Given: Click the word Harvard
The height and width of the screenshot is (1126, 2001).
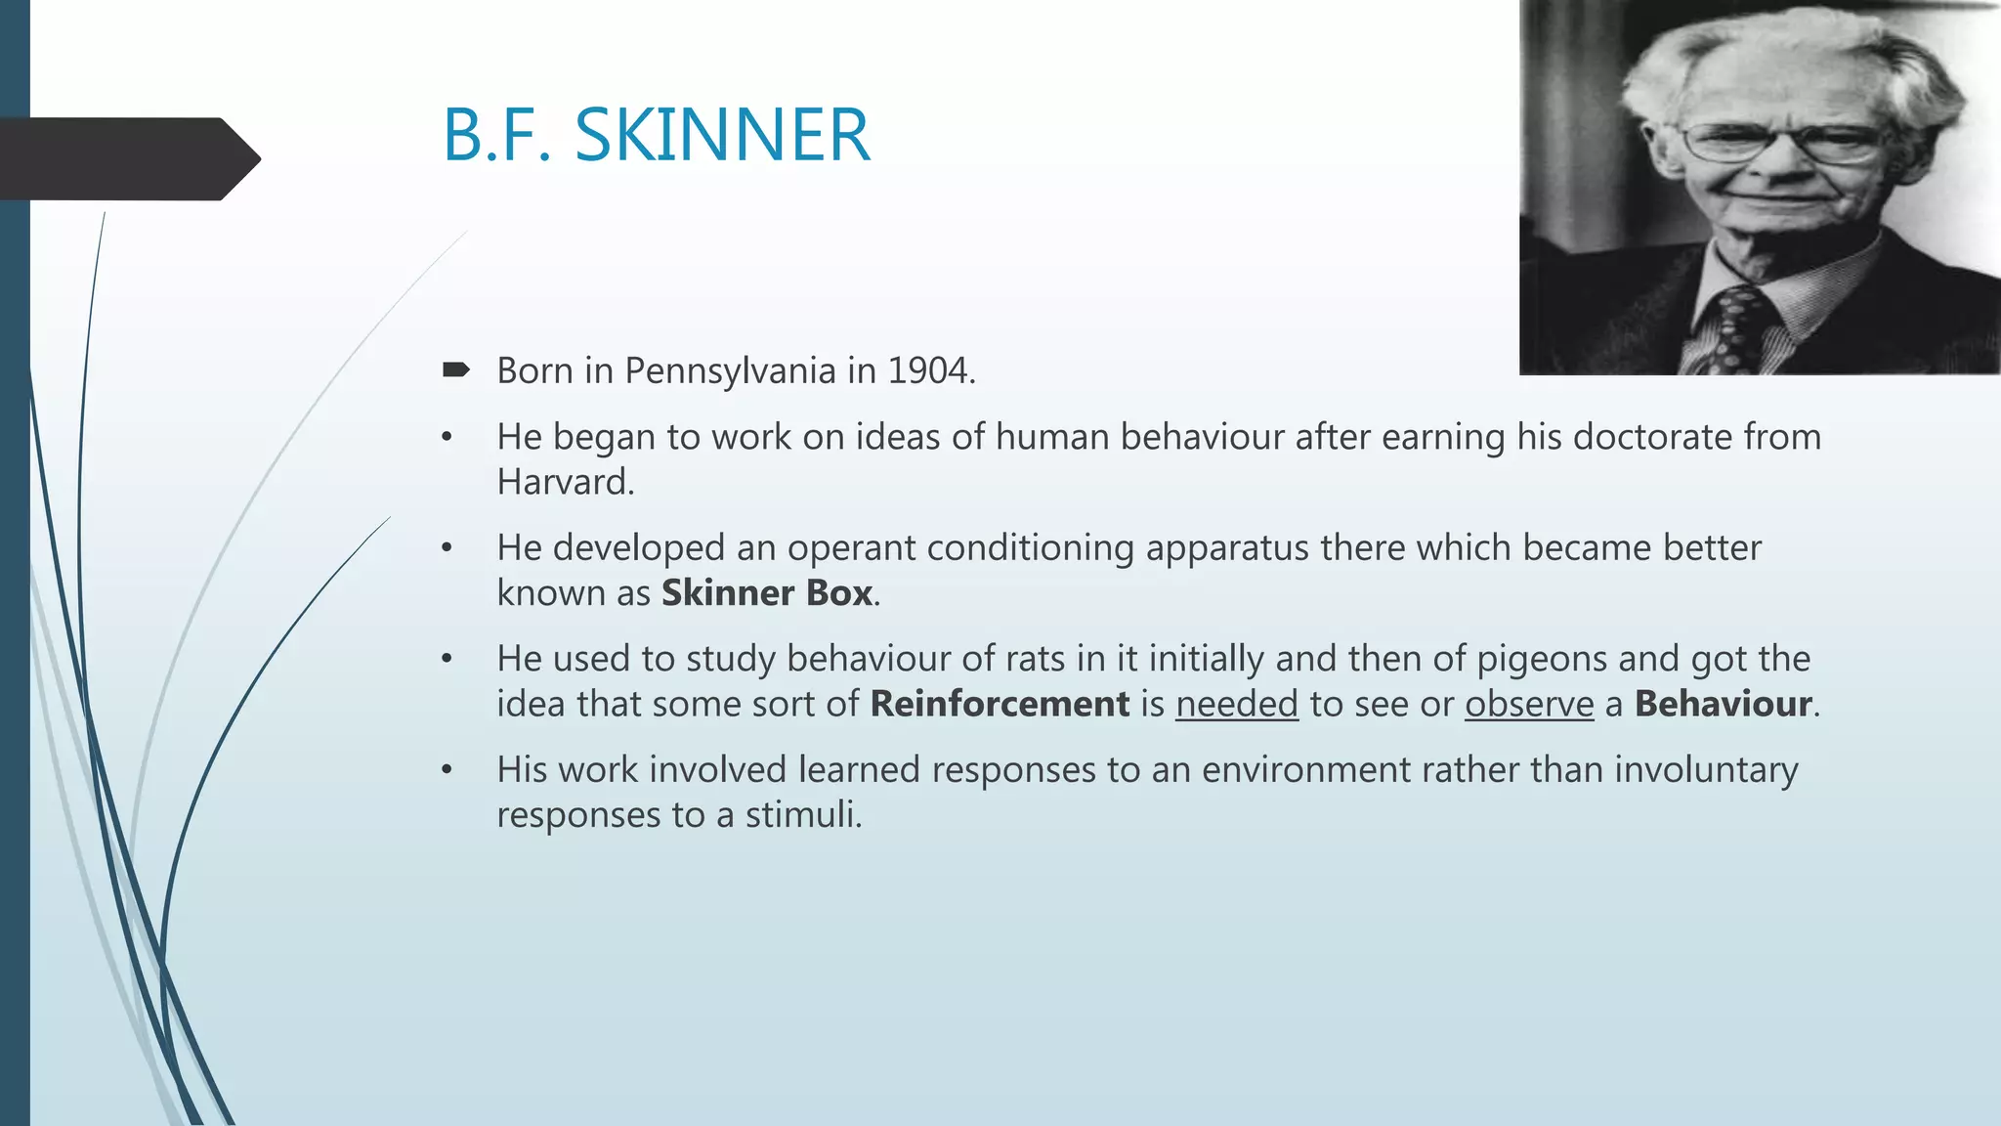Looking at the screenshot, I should tap(565, 482).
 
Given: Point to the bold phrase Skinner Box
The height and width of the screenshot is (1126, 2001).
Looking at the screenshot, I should tap(767, 593).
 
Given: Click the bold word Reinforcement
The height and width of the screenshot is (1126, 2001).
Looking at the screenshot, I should tap(1000, 704).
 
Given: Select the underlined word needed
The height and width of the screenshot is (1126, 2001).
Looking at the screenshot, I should tap(1236, 704).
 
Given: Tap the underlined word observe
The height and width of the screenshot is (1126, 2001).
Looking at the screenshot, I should tap(1528, 704).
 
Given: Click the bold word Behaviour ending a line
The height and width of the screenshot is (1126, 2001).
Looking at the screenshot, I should tap(1723, 704).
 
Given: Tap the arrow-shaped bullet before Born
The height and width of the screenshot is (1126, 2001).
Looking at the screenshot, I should tap(455, 369).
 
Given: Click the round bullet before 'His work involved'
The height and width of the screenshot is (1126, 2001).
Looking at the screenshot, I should tap(447, 770).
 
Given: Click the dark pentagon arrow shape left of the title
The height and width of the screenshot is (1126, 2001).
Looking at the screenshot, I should tap(127, 158).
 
